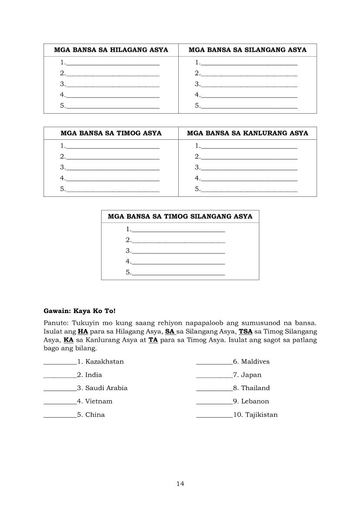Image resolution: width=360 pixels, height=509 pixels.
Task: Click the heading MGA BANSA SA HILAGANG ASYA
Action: coord(111,50)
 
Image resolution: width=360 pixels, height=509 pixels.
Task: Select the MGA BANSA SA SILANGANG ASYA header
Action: coord(248,50)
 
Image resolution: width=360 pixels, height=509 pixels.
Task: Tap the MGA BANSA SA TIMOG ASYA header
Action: coord(111,133)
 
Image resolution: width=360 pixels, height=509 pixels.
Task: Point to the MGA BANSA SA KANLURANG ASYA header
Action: coord(248,133)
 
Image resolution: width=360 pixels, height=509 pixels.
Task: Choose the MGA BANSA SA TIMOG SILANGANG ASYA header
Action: coord(180,216)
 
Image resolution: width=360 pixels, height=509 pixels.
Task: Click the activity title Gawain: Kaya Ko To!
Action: coord(80,311)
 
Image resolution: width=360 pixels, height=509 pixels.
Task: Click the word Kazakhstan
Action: coord(105,362)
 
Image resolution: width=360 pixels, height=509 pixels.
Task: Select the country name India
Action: coord(94,375)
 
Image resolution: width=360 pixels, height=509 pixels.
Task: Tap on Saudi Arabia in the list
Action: coord(106,388)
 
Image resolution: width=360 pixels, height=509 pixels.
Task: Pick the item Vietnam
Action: coord(98,401)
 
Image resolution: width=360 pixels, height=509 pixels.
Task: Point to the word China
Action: coord(95,415)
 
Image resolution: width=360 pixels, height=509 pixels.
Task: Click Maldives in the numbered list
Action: coord(255,362)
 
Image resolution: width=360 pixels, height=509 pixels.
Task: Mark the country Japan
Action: coord(251,375)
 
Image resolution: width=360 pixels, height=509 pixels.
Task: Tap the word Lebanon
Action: coord(255,401)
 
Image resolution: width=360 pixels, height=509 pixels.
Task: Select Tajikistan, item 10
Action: coord(262,415)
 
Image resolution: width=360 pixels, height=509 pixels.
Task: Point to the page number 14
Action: coord(180,484)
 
